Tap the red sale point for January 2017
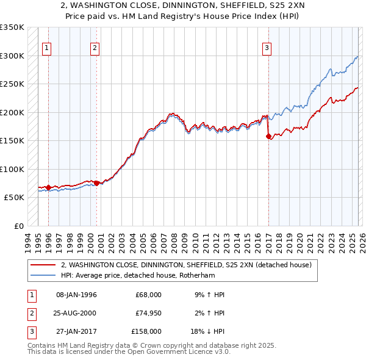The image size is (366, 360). [x=268, y=137]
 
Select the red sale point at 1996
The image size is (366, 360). [x=49, y=187]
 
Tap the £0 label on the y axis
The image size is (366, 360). [x=18, y=226]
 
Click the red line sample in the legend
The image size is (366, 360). [x=43, y=265]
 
